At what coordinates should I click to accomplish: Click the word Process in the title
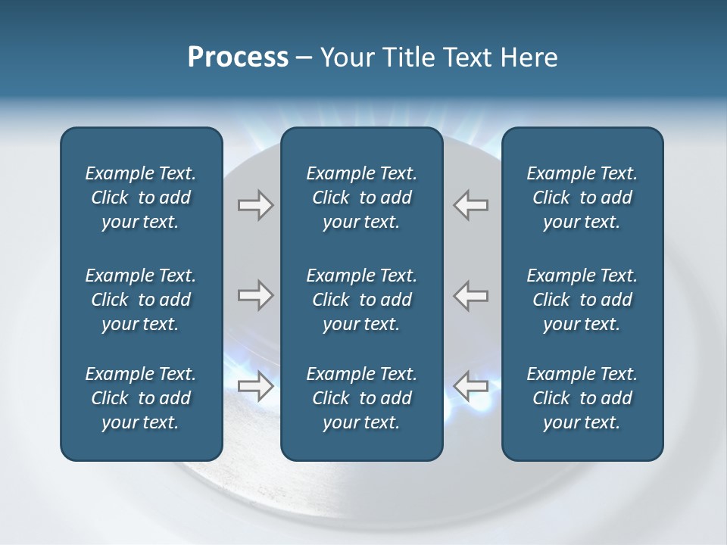click(x=238, y=58)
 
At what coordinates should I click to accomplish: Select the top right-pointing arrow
click(x=256, y=205)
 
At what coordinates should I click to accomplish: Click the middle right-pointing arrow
click(x=256, y=295)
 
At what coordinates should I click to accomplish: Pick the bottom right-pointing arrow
click(x=256, y=386)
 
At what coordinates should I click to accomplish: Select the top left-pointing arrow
click(x=471, y=205)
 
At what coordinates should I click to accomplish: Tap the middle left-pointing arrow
click(x=471, y=295)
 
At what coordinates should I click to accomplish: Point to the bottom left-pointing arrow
click(x=471, y=386)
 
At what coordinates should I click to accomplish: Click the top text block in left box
click(x=141, y=198)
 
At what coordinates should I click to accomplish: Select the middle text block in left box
click(x=141, y=300)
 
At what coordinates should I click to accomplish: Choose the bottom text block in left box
click(x=141, y=398)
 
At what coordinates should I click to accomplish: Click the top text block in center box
click(x=361, y=198)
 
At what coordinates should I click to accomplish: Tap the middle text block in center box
click(x=361, y=300)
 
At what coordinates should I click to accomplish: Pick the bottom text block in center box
click(x=361, y=398)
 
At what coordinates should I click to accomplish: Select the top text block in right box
click(x=582, y=198)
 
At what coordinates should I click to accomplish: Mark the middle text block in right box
click(x=582, y=300)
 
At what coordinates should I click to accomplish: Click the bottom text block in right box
click(x=582, y=398)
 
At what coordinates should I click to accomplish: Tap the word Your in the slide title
click(x=345, y=58)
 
